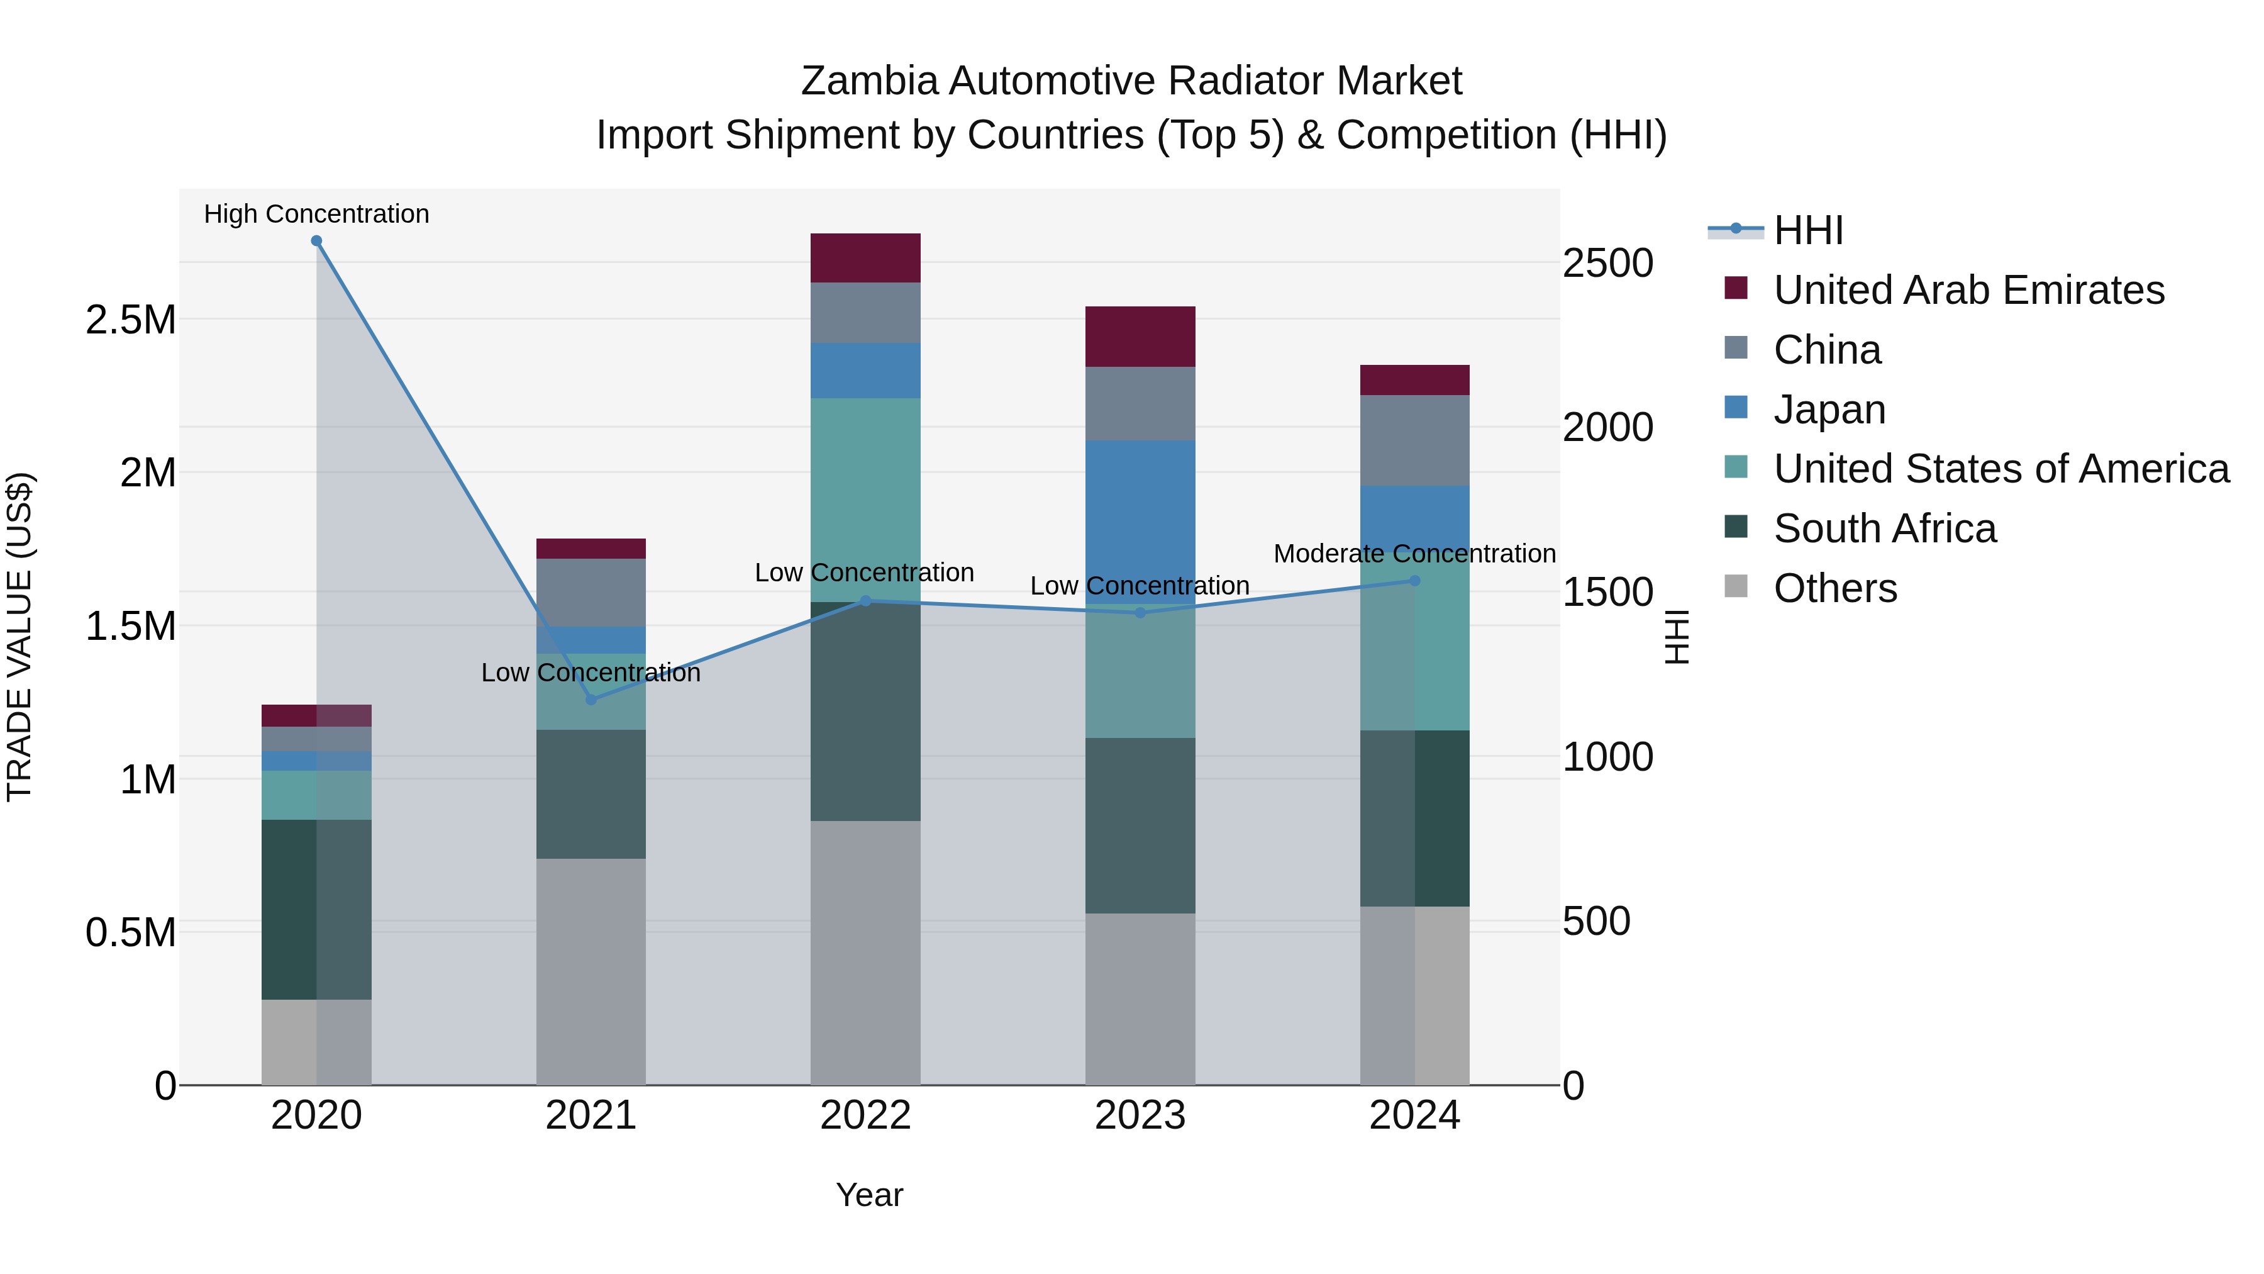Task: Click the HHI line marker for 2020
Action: click(316, 241)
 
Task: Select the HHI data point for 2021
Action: click(591, 700)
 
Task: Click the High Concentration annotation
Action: click(316, 214)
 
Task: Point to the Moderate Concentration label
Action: click(1414, 554)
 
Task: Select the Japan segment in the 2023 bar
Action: click(1140, 519)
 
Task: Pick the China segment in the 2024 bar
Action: click(1415, 440)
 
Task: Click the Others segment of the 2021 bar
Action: click(591, 971)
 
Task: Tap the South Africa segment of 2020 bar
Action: click(316, 909)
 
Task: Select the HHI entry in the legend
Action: click(1808, 230)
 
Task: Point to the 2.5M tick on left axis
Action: click(131, 320)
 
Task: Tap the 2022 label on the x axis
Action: click(865, 1115)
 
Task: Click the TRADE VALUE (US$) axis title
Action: click(19, 637)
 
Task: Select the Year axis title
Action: click(869, 1195)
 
